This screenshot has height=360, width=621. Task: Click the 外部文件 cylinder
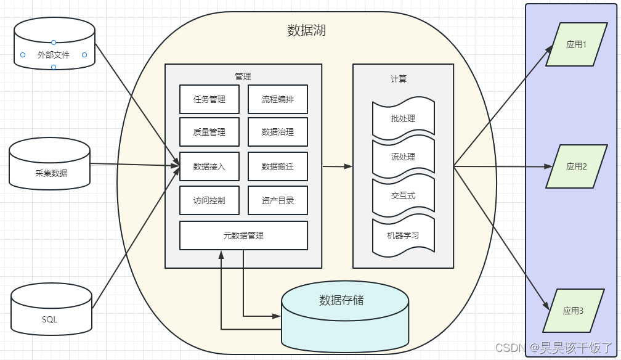54,55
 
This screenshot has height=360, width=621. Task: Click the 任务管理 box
209,99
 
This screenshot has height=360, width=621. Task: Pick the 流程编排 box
278,99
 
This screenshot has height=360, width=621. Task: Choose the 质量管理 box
209,132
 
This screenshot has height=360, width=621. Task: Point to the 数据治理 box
278,132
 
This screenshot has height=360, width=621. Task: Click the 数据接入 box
209,166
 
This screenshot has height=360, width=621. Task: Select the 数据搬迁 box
278,166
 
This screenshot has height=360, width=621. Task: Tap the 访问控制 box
209,200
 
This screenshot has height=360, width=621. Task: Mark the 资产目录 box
278,200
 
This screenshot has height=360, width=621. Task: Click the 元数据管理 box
243,235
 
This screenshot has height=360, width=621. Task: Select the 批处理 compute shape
404,118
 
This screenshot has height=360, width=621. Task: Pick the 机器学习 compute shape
404,235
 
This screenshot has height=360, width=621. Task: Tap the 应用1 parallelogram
576,44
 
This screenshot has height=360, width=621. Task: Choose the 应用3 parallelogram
574,311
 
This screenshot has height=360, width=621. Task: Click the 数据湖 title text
306,30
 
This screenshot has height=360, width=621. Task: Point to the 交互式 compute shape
404,196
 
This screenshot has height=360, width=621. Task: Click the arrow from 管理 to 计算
338,166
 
